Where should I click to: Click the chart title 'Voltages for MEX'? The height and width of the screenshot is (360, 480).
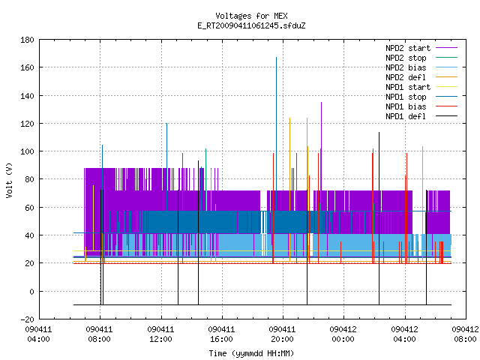[251, 16]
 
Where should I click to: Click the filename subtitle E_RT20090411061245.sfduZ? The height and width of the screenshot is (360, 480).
[251, 25]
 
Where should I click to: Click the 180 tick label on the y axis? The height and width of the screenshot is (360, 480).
[27, 40]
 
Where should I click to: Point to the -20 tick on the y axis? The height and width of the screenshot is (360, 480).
[27, 319]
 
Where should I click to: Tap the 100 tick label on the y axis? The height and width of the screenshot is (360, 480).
[27, 151]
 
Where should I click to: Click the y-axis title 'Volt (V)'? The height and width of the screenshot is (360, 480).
[9, 181]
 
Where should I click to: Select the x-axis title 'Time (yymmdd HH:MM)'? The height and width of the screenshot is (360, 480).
[251, 353]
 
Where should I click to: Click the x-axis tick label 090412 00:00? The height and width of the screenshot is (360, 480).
[343, 334]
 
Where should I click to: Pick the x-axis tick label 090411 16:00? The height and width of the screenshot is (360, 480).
[221, 334]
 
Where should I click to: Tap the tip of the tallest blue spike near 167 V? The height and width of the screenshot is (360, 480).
[277, 57]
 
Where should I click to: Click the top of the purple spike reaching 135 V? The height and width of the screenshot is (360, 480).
[322, 102]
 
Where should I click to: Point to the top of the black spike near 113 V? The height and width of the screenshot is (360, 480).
[379, 132]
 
